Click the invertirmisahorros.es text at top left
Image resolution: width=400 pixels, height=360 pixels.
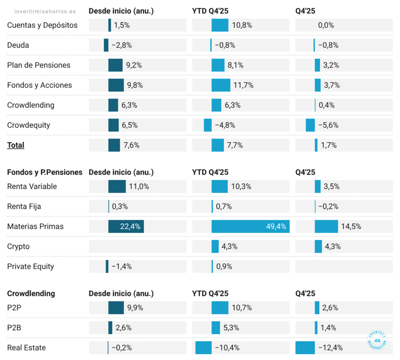pos(45,11)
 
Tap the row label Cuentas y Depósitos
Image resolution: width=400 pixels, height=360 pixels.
pos(42,25)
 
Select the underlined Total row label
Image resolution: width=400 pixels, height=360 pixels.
pos(16,145)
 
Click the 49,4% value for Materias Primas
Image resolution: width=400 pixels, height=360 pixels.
pos(276,226)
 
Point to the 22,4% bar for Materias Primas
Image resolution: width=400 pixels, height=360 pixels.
pos(126,226)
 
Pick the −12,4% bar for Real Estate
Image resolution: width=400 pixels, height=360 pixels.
pos(305,348)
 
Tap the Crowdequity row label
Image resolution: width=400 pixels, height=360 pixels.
pos(29,125)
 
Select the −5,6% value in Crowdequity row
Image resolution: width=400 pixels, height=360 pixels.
pos(328,125)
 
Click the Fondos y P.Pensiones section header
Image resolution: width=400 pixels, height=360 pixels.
pos(45,172)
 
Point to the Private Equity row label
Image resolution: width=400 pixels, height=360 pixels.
pos(30,267)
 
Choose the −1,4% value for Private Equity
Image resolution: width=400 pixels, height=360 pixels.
pos(121,267)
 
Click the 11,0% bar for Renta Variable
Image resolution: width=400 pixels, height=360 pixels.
pos(117,186)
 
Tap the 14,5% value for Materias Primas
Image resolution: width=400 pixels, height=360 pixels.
pos(351,226)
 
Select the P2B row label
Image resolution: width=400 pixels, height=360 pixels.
pos(14,328)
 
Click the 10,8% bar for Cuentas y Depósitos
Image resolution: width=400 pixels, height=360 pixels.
pos(220,25)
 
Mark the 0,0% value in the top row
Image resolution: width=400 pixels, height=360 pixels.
pos(326,25)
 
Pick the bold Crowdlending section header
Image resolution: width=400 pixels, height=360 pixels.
pos(31,294)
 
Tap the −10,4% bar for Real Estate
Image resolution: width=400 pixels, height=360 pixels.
pos(203,348)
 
